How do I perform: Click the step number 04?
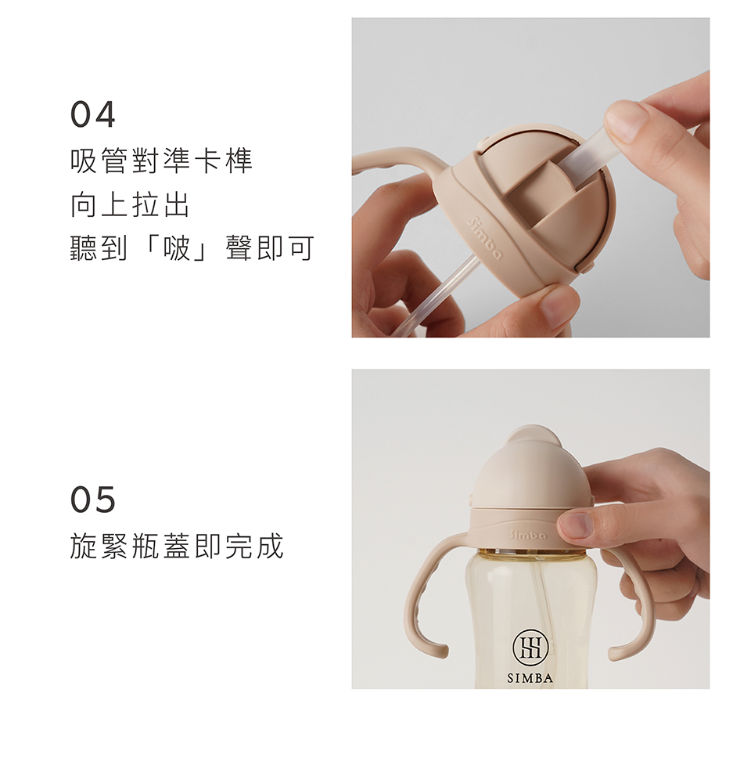[92, 114]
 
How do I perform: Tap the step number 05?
[92, 500]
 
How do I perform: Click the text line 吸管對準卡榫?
[161, 161]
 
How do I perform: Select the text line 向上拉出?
[130, 204]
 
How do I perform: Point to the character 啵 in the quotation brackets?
[177, 248]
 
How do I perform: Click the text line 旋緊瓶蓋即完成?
[177, 546]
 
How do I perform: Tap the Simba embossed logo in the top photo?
[484, 239]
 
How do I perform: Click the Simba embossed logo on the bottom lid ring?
[528, 534]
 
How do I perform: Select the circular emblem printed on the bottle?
[530, 648]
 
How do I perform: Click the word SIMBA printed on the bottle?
[530, 678]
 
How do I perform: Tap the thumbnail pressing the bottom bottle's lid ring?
[575, 525]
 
